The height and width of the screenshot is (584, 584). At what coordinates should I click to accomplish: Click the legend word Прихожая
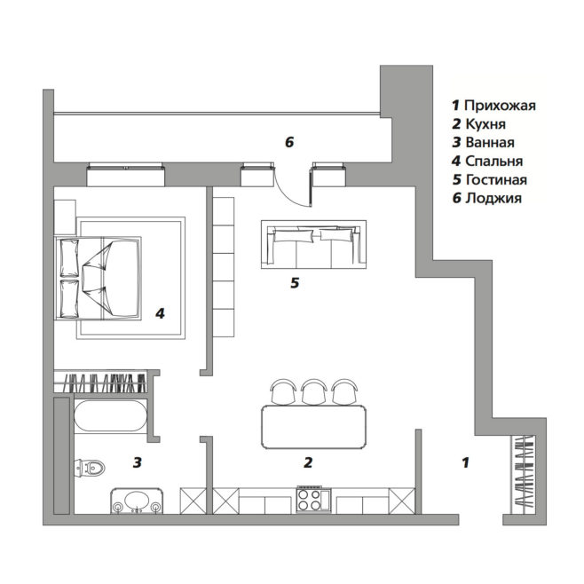(500, 106)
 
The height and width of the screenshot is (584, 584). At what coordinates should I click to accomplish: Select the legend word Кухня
(485, 124)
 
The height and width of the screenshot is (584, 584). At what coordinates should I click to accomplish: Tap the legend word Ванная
(490, 143)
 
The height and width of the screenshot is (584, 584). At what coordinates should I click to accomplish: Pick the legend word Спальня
(493, 162)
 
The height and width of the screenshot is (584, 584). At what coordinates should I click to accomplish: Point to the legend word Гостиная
(496, 180)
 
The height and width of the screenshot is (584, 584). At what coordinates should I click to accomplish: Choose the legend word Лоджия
(493, 198)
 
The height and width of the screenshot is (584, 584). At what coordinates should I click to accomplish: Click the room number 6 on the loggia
(289, 142)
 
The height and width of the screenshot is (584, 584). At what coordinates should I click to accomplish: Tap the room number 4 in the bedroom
(160, 313)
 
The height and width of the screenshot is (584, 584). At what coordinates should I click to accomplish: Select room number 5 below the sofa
(295, 283)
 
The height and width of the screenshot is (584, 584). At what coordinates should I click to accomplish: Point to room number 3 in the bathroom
(138, 462)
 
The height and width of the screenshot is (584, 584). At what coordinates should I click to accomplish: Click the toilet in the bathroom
(90, 467)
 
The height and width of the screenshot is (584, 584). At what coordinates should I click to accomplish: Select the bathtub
(110, 416)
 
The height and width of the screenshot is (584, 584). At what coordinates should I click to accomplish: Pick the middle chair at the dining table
(314, 391)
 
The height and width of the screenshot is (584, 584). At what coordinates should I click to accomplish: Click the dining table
(313, 427)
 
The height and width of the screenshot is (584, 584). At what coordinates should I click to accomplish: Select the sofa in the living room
(313, 244)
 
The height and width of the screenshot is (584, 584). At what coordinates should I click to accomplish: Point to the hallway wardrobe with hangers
(525, 472)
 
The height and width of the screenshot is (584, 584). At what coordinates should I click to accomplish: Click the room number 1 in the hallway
(465, 462)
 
